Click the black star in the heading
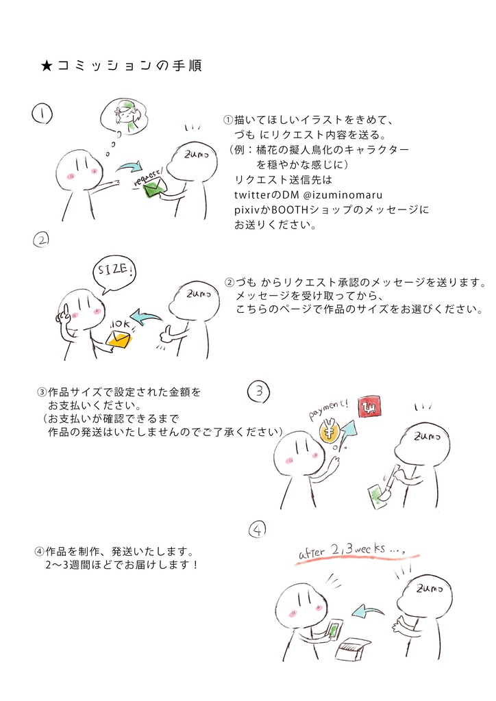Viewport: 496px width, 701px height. pos(47,66)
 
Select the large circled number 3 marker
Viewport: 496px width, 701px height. pos(258,392)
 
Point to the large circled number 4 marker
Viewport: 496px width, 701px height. pos(256,530)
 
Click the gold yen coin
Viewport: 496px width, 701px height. pos(330,431)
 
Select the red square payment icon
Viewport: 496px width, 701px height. pos(370,407)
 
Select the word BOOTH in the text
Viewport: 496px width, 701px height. pos(290,209)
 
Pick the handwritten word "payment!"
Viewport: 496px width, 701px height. pos(327,409)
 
